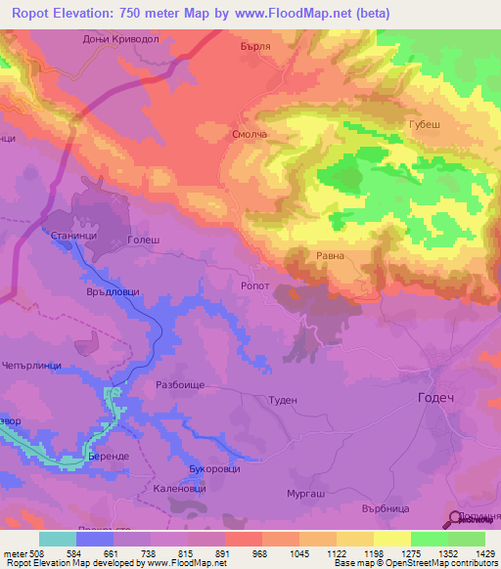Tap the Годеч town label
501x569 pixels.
coord(436,398)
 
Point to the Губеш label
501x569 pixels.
coord(431,125)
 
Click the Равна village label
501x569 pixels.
coord(329,257)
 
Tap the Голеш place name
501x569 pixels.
coord(143,240)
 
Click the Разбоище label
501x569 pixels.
coord(180,385)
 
